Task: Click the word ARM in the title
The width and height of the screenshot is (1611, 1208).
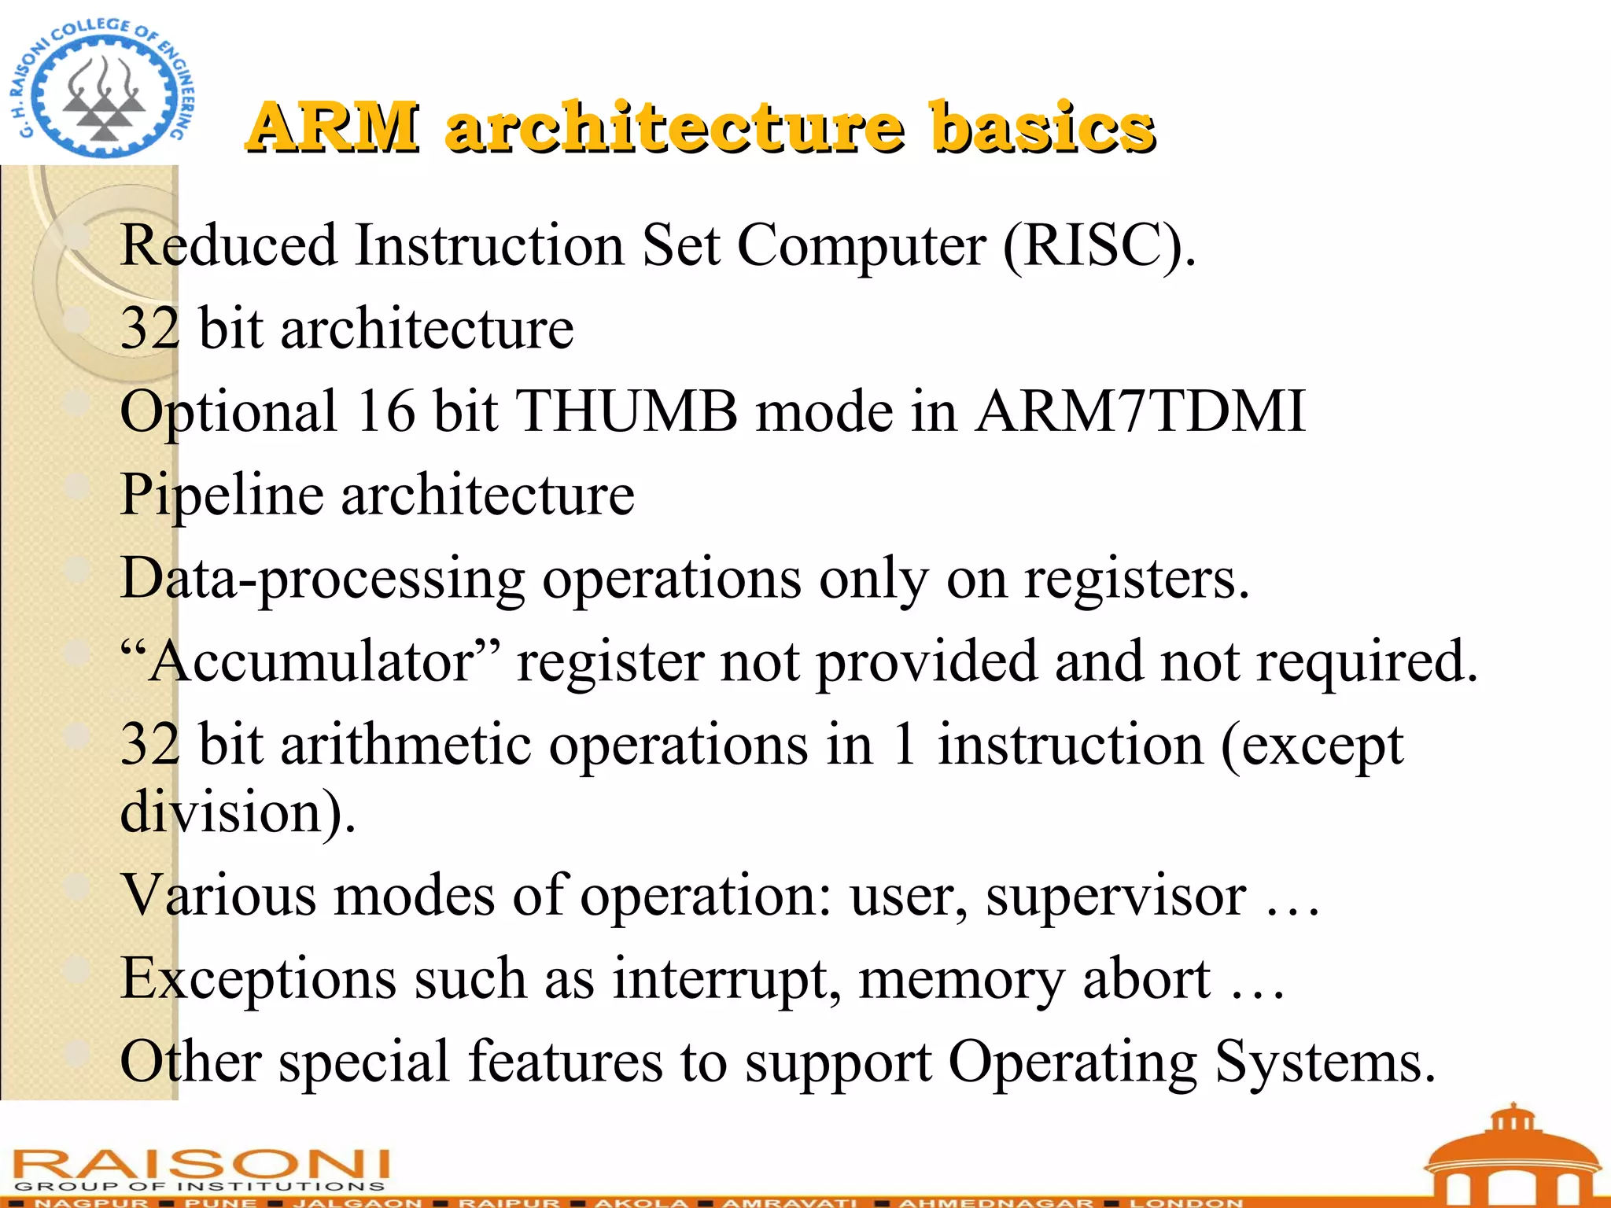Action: point(333,127)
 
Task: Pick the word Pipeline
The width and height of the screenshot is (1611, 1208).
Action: point(222,495)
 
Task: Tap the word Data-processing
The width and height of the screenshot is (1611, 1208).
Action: point(323,579)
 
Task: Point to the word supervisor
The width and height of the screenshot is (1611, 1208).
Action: point(1116,896)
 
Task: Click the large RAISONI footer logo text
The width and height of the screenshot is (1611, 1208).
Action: point(201,1163)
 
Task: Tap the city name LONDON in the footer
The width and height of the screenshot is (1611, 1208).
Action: point(1186,1202)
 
